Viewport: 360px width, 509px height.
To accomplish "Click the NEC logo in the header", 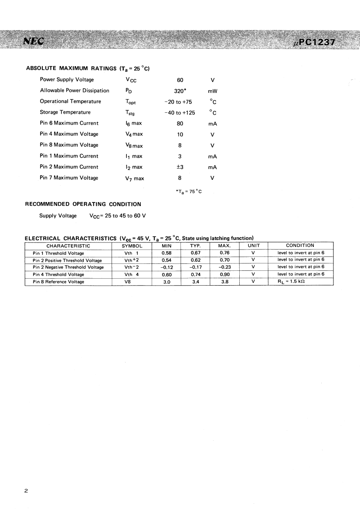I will (x=34, y=41).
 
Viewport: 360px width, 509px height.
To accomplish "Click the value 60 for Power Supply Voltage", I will (x=180, y=80).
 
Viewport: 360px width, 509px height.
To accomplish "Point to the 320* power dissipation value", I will (x=180, y=91).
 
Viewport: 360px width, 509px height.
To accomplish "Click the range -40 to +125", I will (x=180, y=112).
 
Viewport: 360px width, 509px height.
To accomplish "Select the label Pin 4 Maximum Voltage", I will (x=69, y=134).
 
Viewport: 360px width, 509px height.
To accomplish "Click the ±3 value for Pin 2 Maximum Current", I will (x=180, y=167).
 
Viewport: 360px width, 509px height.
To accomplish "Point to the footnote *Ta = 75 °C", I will (x=188, y=191).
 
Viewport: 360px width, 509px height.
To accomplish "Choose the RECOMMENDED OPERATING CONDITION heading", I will (x=83, y=204).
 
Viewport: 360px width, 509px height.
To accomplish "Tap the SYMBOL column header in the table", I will (x=132, y=246).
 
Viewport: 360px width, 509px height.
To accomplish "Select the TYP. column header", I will (x=195, y=246).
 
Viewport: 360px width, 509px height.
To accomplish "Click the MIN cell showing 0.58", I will (x=166, y=253).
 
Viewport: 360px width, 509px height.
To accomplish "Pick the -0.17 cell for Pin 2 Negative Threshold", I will (x=195, y=267).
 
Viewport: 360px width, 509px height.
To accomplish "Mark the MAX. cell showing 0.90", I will (x=224, y=274).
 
